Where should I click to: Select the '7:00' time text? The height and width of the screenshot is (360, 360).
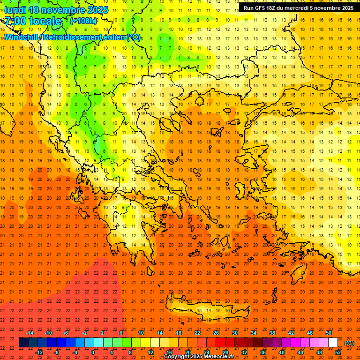pyautogui.click(x=16, y=21)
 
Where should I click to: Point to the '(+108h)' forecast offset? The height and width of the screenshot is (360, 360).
pyautogui.click(x=83, y=21)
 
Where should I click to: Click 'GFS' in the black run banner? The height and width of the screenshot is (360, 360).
pyautogui.click(x=263, y=8)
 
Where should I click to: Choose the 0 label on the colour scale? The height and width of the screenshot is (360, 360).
pyautogui.click(x=93, y=352)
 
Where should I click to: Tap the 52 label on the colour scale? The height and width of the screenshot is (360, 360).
pyautogui.click(x=338, y=352)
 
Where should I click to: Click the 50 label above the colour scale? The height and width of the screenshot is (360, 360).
pyautogui.click(x=329, y=333)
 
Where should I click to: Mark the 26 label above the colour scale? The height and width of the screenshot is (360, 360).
pyautogui.click(x=216, y=333)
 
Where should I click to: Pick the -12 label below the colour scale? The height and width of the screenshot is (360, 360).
pyautogui.click(x=39, y=352)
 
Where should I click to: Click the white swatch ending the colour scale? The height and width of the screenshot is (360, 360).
pyautogui.click(x=333, y=343)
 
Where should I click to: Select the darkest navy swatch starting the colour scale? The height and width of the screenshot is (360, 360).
pyautogui.click(x=23, y=343)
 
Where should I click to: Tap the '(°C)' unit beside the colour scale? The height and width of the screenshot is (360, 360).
pyautogui.click(x=349, y=343)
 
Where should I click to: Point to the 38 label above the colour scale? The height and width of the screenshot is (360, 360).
pyautogui.click(x=272, y=333)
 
